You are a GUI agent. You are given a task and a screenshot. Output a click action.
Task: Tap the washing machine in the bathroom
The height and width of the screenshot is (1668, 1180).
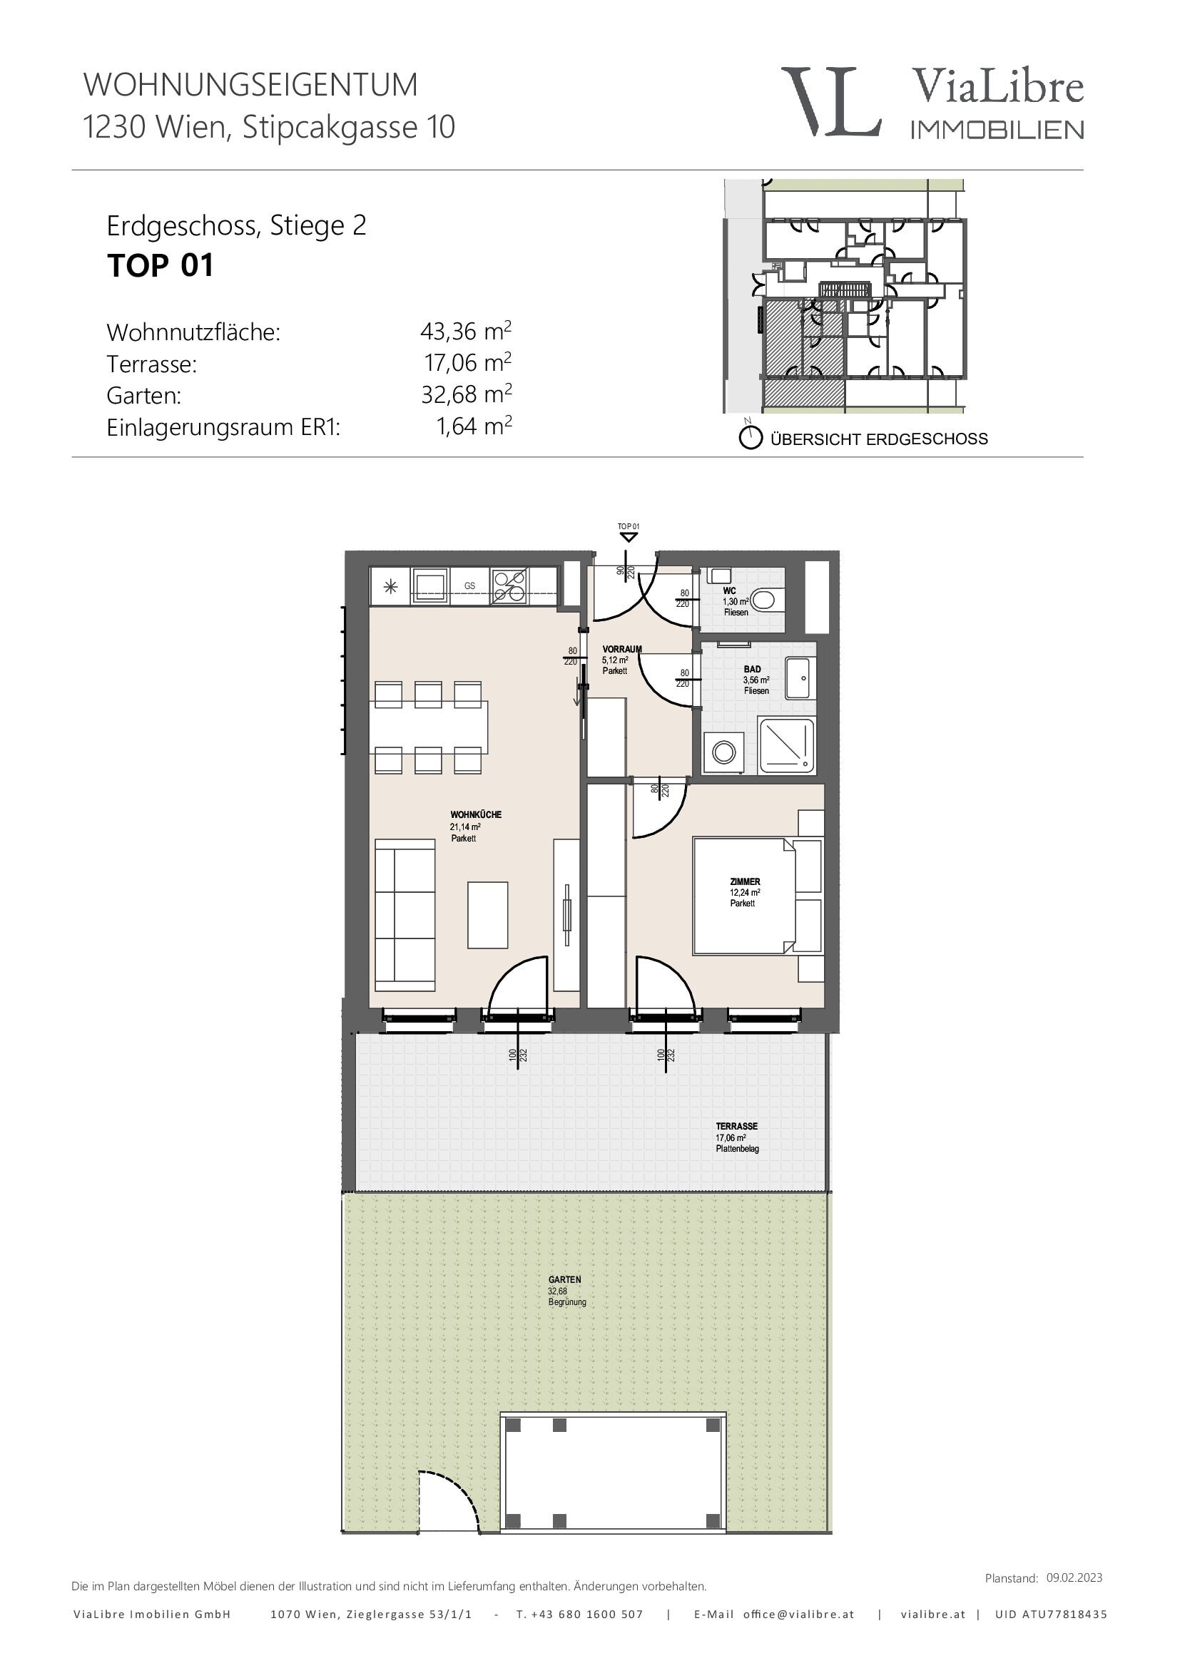[x=723, y=752]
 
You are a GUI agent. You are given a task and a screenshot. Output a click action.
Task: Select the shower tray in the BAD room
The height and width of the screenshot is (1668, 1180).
[x=786, y=745]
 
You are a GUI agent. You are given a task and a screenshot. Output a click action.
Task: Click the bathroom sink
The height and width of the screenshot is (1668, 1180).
[x=800, y=677]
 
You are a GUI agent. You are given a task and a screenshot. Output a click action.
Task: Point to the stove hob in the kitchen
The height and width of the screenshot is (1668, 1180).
[x=510, y=586]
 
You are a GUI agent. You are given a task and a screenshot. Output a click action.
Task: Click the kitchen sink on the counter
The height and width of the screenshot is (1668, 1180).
[x=430, y=585]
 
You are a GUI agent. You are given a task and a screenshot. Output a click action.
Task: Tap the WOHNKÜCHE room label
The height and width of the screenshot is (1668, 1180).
[x=476, y=814]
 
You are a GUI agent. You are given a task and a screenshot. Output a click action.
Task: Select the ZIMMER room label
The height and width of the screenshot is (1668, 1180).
[x=746, y=881]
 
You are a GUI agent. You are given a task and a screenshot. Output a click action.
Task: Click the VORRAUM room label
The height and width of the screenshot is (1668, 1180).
[x=622, y=649]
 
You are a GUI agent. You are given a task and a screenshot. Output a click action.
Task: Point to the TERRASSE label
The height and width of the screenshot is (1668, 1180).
[x=737, y=1126]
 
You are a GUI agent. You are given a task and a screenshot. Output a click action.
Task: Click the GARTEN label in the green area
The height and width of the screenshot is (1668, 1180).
[x=564, y=1279]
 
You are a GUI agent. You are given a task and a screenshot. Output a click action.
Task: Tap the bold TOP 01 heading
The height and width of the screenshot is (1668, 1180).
[x=161, y=266]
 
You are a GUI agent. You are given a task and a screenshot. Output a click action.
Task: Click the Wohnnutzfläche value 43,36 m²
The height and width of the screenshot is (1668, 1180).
[x=466, y=332]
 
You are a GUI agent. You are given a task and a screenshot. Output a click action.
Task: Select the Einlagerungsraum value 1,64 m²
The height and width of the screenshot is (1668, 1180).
[x=474, y=426]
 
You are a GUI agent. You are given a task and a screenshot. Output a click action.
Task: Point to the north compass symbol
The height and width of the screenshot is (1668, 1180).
[x=750, y=436]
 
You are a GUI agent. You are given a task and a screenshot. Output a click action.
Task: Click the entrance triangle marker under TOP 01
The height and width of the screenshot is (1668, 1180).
[x=629, y=537]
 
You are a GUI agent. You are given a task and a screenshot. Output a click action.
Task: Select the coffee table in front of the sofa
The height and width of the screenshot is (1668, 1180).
[x=487, y=915]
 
